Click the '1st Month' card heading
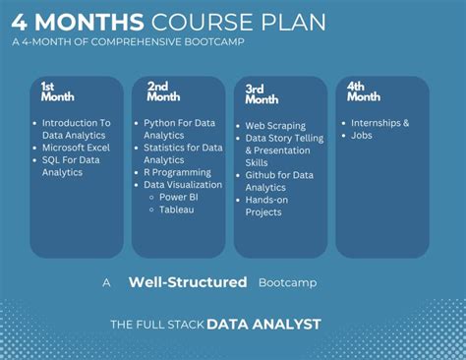click(x=58, y=91)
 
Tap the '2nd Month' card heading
click(x=163, y=91)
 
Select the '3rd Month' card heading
click(x=262, y=94)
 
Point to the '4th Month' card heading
click(x=364, y=91)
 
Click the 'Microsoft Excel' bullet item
click(x=76, y=148)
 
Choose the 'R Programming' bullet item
click(x=177, y=173)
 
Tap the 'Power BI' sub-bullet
click(x=179, y=197)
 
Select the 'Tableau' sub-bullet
click(x=177, y=210)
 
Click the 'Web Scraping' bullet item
click(x=275, y=126)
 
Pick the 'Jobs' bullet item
click(x=362, y=136)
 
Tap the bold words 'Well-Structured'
click(x=188, y=282)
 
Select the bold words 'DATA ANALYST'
click(x=263, y=325)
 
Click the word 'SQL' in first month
click(x=51, y=160)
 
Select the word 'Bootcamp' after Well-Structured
click(x=288, y=282)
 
